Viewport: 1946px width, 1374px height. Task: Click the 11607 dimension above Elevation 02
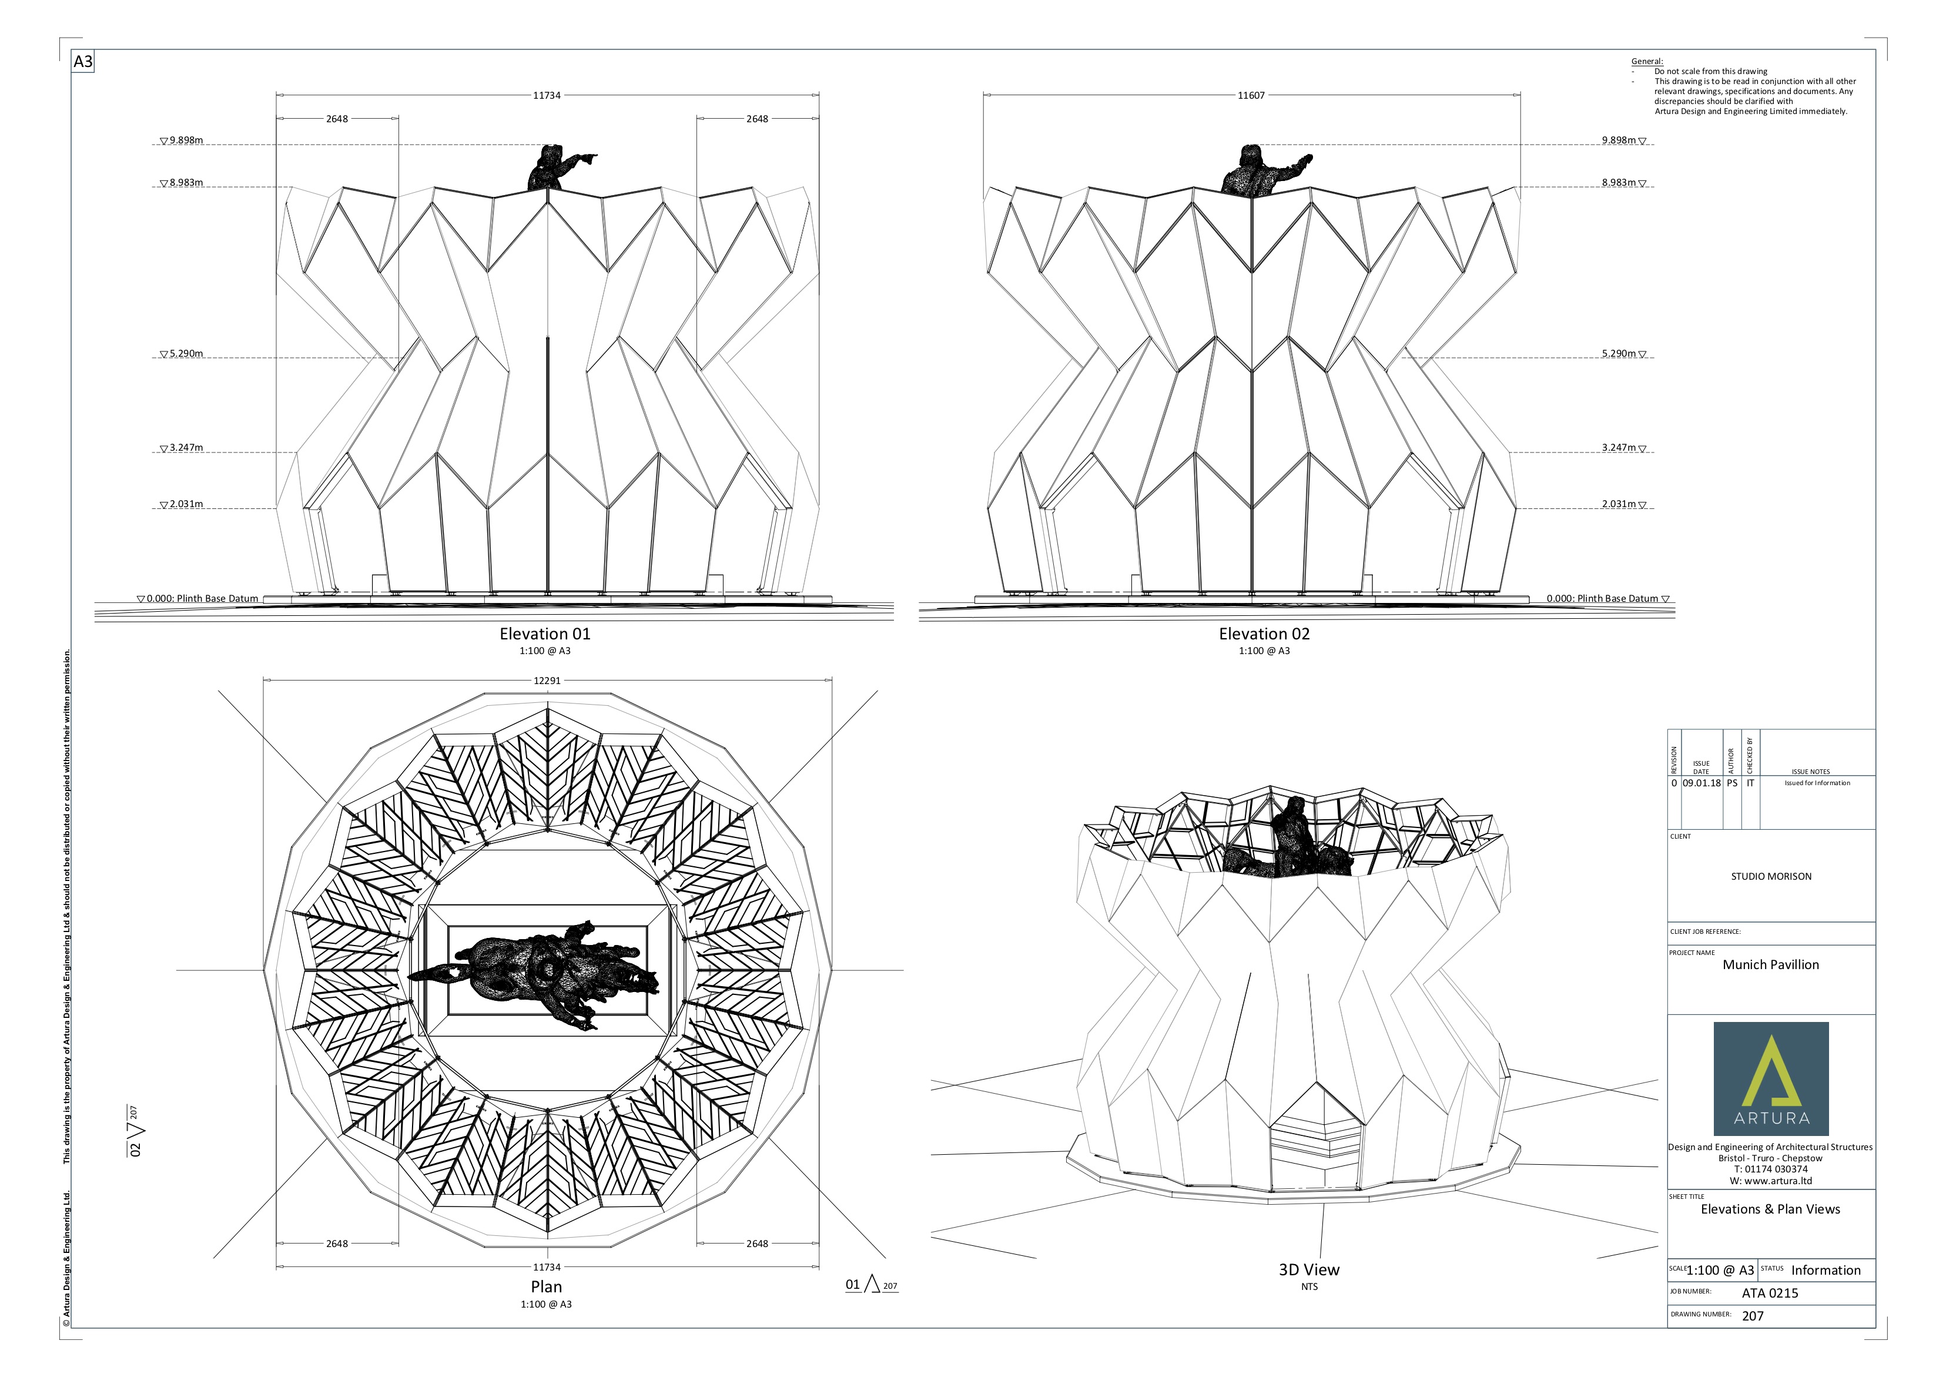tap(1250, 96)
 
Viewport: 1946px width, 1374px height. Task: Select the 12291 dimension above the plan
tap(547, 681)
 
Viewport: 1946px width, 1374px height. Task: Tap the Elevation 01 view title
tap(544, 634)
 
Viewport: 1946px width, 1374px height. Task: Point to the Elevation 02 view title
tap(1264, 634)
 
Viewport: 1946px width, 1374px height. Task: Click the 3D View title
tap(1309, 1270)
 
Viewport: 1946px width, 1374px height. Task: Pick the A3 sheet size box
tap(83, 62)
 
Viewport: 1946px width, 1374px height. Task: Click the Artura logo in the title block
tap(1770, 1078)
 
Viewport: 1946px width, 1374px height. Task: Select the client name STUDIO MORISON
tap(1770, 876)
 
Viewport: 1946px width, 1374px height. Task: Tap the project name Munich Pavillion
tap(1770, 964)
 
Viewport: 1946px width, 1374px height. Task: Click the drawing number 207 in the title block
tap(1753, 1316)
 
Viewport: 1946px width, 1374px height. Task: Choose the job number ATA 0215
tap(1770, 1293)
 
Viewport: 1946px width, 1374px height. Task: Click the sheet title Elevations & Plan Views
tap(1770, 1209)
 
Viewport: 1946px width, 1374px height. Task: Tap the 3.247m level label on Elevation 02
tap(1619, 448)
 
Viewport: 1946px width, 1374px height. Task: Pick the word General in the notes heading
tap(1646, 61)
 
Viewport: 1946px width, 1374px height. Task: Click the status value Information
tap(1826, 1271)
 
